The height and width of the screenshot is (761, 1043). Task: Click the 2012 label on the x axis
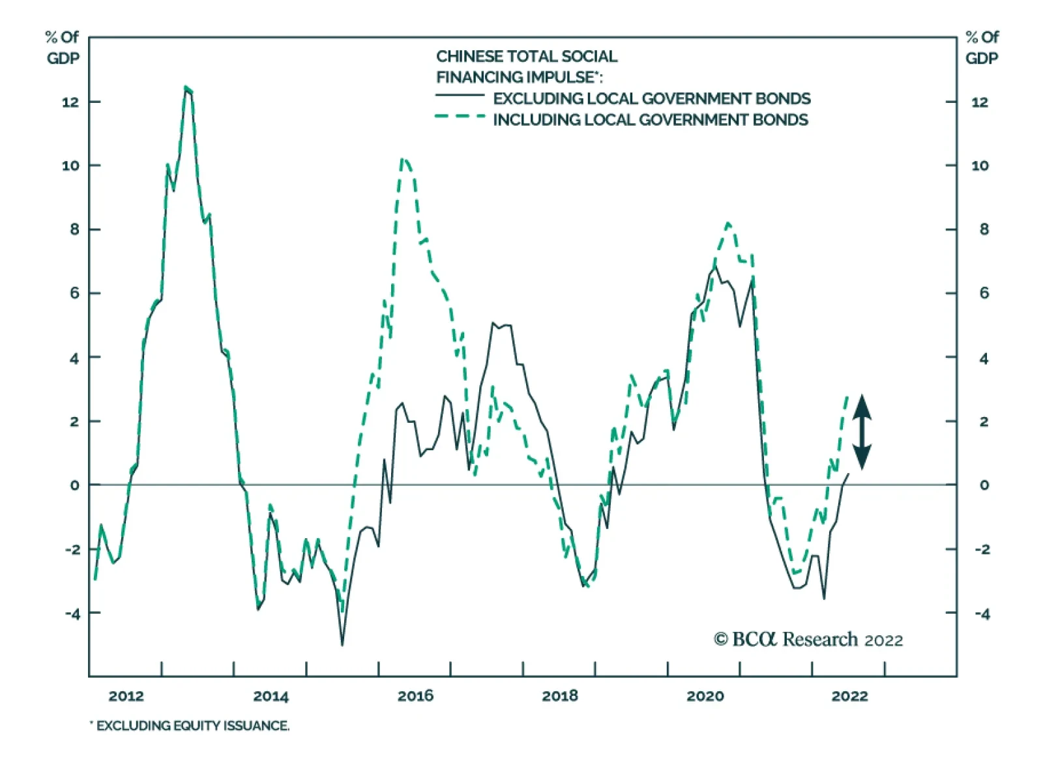pyautogui.click(x=126, y=696)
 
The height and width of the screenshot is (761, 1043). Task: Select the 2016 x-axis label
pyautogui.click(x=415, y=696)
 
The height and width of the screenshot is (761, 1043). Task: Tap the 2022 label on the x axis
pyautogui.click(x=849, y=696)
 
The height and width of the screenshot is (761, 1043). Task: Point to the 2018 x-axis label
pyautogui.click(x=560, y=696)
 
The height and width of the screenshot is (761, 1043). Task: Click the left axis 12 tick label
pyautogui.click(x=70, y=102)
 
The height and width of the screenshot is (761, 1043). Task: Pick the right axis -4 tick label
pyautogui.click(x=982, y=614)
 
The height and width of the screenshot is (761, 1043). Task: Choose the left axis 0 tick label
pyautogui.click(x=74, y=485)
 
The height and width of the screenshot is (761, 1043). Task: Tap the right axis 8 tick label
pyautogui.click(x=984, y=229)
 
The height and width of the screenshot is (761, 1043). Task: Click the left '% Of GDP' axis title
pyautogui.click(x=63, y=48)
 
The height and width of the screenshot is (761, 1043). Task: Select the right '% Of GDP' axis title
pyautogui.click(x=982, y=48)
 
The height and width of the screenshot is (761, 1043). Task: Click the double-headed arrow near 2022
pyautogui.click(x=862, y=432)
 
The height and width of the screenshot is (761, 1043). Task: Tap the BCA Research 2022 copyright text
pyautogui.click(x=808, y=639)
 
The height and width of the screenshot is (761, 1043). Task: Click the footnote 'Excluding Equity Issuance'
pyautogui.click(x=190, y=726)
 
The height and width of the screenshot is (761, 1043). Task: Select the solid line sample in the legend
pyautogui.click(x=460, y=96)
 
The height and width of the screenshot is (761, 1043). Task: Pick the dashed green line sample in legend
pyautogui.click(x=460, y=117)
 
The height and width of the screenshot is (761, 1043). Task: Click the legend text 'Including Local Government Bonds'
pyautogui.click(x=650, y=120)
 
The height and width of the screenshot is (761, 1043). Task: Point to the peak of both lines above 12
pyautogui.click(x=186, y=87)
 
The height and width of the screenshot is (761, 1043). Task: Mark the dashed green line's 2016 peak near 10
pyautogui.click(x=404, y=159)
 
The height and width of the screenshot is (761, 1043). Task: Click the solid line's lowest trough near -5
pyautogui.click(x=342, y=644)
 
